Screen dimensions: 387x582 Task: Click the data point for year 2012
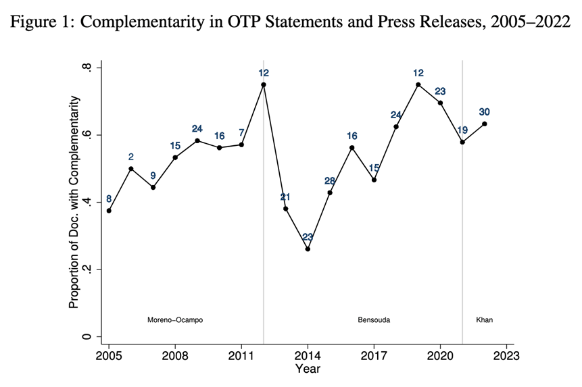[x=264, y=84]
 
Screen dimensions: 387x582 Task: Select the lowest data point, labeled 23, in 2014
[x=308, y=249]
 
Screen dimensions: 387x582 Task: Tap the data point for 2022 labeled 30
[x=485, y=124]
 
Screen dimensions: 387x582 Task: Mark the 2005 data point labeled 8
[x=109, y=211]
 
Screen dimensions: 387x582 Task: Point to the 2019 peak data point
[x=418, y=84]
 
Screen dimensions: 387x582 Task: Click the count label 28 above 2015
[x=330, y=180]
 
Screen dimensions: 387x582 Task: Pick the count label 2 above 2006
[x=131, y=157]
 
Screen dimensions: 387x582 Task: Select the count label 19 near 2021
[x=462, y=130]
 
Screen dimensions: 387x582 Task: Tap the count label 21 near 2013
[x=286, y=197]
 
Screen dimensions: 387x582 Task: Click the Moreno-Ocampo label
[x=175, y=319]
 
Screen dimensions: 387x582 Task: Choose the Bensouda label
[x=374, y=319]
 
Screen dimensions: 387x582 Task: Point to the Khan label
[x=484, y=319]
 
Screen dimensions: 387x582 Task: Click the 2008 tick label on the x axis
[x=175, y=355]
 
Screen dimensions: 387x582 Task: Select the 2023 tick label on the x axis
[x=506, y=355]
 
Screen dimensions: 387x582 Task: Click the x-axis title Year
[x=308, y=369]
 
